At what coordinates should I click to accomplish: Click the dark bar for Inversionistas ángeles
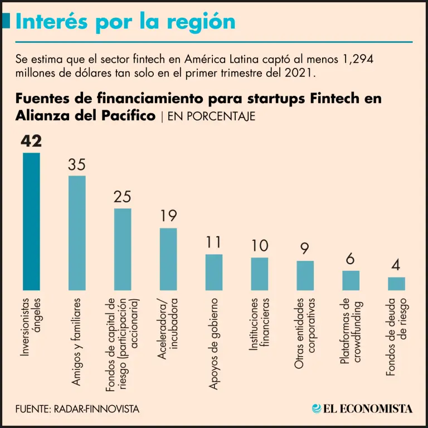coord(31,221)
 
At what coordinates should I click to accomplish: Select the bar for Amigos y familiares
coord(77,233)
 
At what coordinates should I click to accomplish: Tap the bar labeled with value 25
coord(123,249)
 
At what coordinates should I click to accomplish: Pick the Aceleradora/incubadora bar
coord(168,259)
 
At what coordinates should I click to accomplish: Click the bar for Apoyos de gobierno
coord(214,272)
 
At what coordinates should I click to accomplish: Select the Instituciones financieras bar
coord(260,274)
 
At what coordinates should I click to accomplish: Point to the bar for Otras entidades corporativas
coord(305,275)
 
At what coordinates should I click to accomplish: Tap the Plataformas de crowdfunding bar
coord(351,280)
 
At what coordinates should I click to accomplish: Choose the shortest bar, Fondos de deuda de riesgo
coord(397,284)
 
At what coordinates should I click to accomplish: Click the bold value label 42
coord(31,142)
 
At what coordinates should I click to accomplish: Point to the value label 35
coord(77,165)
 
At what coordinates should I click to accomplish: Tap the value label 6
coord(351,260)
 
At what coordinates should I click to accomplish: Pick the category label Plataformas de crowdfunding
coord(351,333)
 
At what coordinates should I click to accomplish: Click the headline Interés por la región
coord(125,22)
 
